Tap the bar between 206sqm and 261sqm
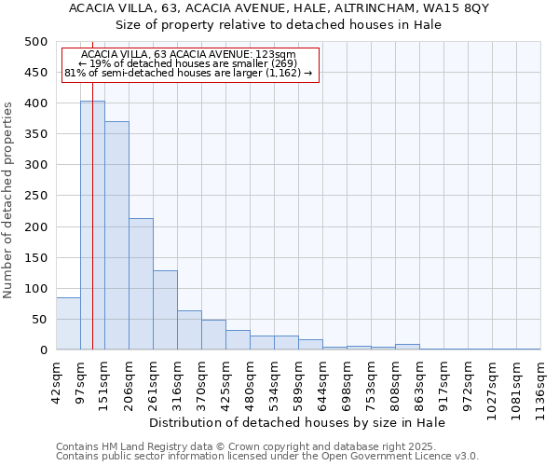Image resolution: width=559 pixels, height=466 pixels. pyautogui.click(x=141, y=284)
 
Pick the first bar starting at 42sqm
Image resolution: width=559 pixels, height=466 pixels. pyautogui.click(x=68, y=323)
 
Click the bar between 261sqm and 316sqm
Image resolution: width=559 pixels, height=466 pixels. pyautogui.click(x=165, y=310)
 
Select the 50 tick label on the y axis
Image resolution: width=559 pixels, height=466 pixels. pyautogui.click(x=39, y=320)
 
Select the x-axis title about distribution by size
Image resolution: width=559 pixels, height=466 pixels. pyautogui.click(x=297, y=423)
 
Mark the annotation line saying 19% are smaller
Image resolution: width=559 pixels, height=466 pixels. pyautogui.click(x=188, y=63)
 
